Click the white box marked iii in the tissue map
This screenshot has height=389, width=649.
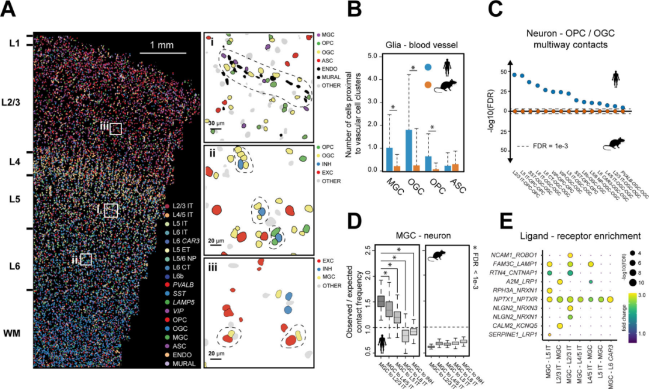pos(115,129)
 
